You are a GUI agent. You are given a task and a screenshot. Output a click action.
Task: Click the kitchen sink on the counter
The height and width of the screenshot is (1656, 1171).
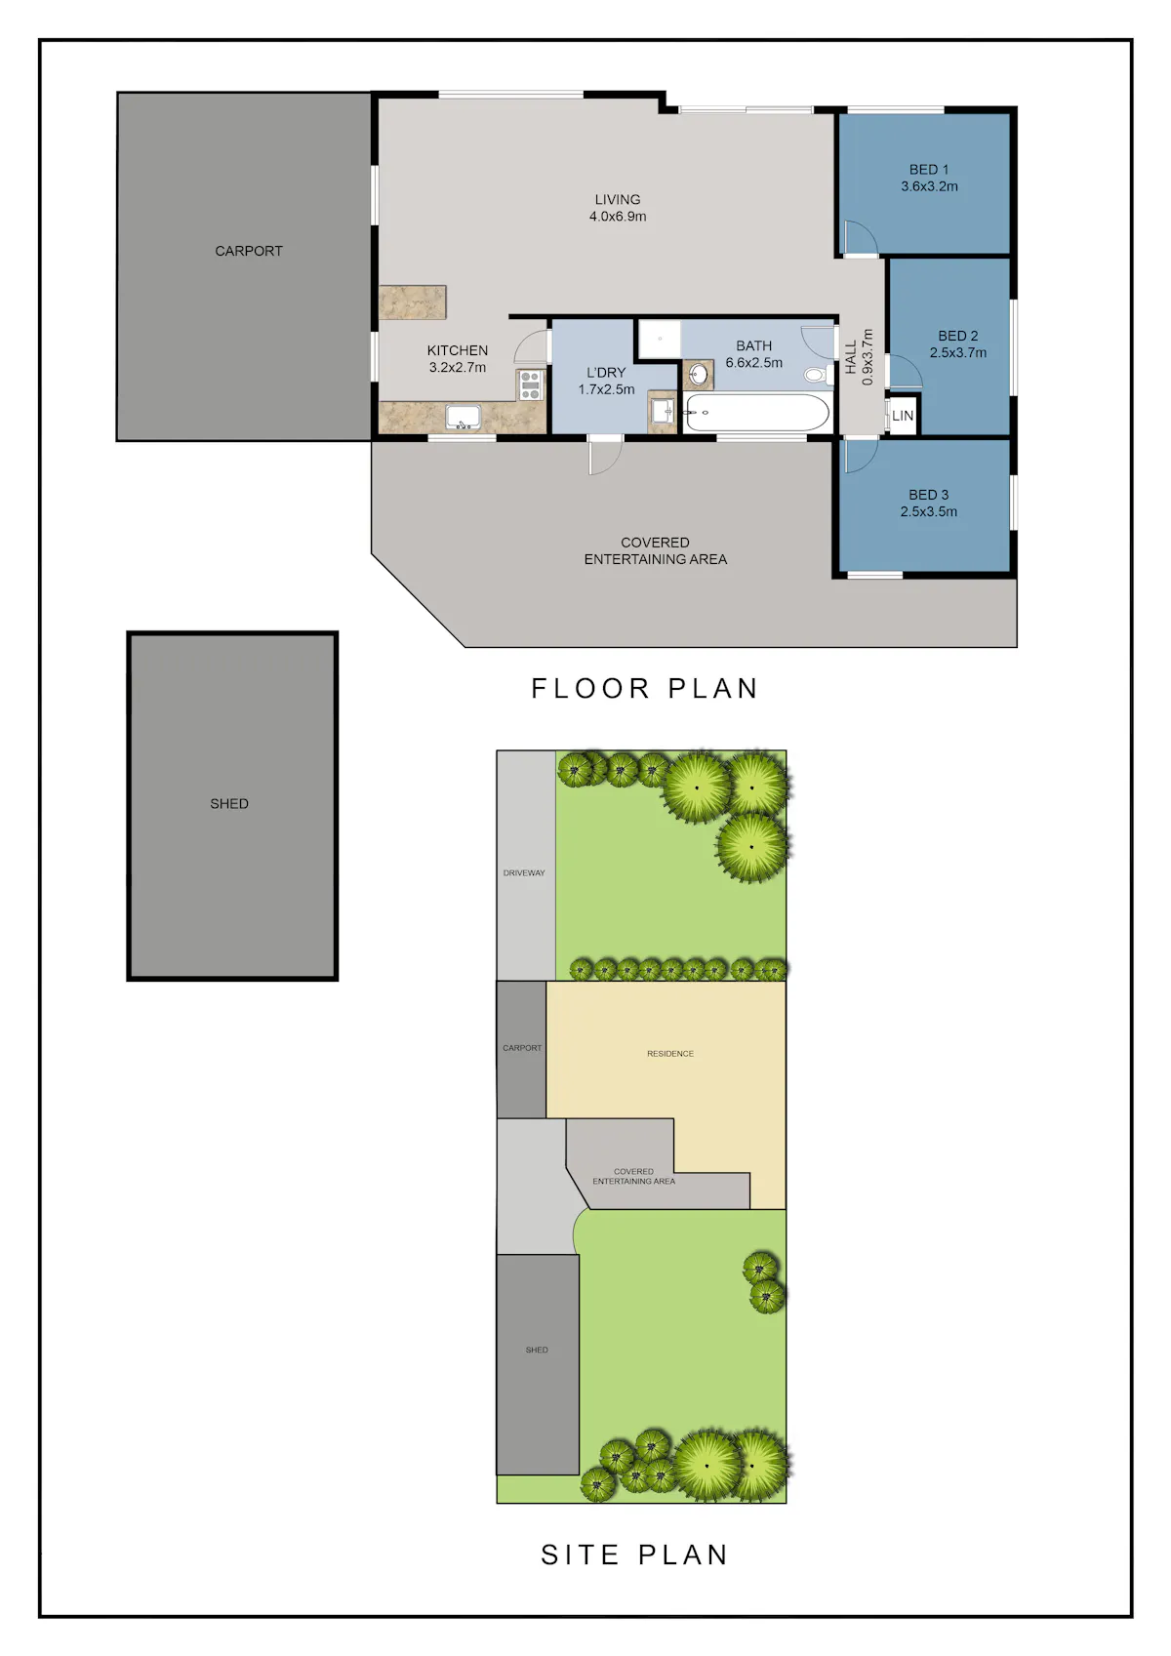coord(463,418)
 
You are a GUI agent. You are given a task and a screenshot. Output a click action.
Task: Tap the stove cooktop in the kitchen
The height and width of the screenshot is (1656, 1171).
coord(529,385)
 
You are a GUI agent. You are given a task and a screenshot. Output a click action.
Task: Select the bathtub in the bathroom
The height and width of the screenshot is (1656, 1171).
coord(756,413)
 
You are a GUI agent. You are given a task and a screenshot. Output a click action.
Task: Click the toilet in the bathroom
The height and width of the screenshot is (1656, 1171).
coord(819,375)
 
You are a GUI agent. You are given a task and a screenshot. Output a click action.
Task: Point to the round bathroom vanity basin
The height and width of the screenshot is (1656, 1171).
coord(698,376)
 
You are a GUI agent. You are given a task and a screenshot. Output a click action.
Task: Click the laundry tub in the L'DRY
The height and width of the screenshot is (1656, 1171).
coord(663,411)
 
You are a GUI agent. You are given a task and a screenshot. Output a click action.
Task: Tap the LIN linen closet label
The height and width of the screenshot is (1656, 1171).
coord(903,416)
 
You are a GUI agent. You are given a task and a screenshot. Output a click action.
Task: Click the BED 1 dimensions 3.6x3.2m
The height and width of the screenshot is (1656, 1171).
coord(929,186)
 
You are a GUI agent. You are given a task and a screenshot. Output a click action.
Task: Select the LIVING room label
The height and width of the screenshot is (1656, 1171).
coord(618,200)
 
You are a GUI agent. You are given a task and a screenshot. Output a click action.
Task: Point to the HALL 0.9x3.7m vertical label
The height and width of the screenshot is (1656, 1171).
coord(859,357)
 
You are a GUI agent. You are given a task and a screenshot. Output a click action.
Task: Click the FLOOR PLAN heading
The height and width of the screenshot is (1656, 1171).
coord(644,689)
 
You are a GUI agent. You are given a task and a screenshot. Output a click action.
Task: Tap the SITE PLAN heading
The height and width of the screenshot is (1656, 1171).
coord(634,1555)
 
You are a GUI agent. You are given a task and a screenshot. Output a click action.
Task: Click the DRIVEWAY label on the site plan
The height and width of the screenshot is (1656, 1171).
coord(524,873)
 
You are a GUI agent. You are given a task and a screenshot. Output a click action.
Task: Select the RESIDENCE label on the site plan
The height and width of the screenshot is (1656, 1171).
coord(669,1054)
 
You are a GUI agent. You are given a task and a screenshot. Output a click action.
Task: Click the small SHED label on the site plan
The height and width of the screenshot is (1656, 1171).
coord(537,1350)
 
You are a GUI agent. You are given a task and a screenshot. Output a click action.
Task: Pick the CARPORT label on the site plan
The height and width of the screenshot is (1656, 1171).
coord(522,1048)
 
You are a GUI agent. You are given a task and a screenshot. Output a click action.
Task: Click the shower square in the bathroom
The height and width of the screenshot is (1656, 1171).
coord(659,339)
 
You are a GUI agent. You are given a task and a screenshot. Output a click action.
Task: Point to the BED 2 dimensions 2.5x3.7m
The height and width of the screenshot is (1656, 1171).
coord(958,352)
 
